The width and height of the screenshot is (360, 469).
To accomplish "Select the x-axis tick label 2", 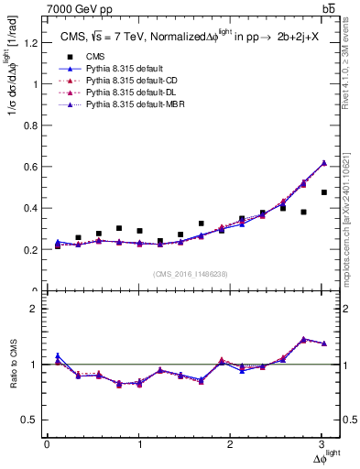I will pos(231,444).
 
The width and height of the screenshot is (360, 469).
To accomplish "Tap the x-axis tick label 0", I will pos(47,444).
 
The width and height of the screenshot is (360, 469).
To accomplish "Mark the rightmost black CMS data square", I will pos(324,192).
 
